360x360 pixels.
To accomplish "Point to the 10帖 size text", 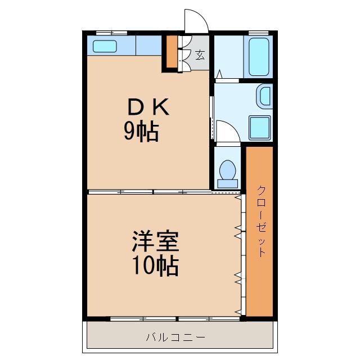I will click(156, 265).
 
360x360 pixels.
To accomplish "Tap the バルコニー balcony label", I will click(175, 337).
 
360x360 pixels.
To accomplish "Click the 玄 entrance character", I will click(200, 55).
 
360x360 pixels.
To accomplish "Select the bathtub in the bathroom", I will click(259, 57).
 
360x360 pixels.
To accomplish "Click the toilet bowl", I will click(228, 169).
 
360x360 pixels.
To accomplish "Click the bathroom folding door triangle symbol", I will click(219, 73).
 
